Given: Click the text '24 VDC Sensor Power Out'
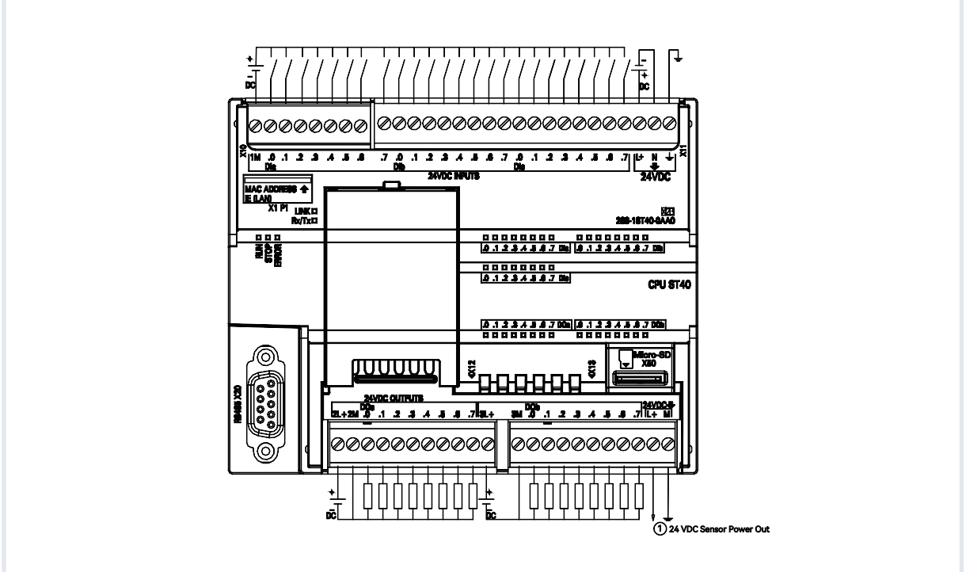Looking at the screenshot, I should click(x=720, y=528).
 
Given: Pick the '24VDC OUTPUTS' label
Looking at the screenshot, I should click(x=394, y=398).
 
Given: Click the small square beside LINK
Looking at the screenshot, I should click(x=314, y=211).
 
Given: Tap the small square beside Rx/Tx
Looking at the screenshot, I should click(x=314, y=221).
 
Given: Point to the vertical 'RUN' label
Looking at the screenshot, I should click(x=258, y=253).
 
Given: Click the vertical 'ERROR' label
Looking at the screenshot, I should click(x=279, y=255).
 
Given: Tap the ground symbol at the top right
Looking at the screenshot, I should click(x=679, y=55).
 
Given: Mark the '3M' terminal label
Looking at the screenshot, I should click(x=515, y=414).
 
